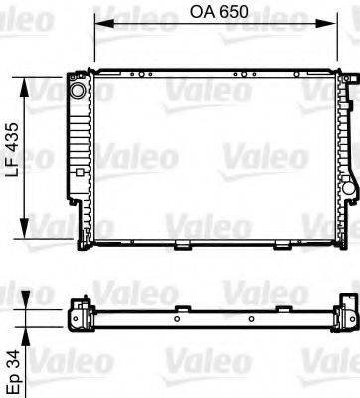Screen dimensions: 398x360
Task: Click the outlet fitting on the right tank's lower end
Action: (x=348, y=189)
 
